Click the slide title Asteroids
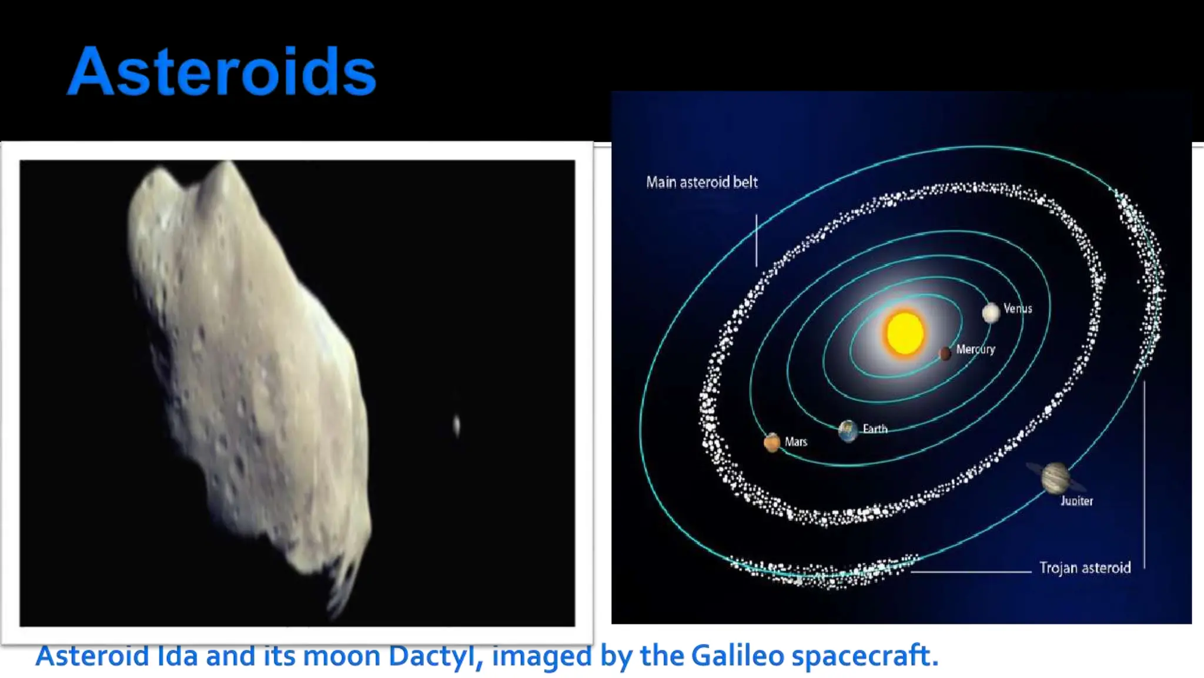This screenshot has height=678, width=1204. pos(222,72)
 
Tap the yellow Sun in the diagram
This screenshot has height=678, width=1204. pos(904,333)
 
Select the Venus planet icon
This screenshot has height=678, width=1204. pos(991,313)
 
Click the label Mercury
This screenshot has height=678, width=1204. pos(975,349)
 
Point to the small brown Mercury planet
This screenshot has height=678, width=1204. pos(945,353)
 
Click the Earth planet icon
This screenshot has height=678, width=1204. pos(848,431)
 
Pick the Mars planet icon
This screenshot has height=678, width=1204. pos(772,442)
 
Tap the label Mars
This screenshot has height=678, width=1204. pos(796,441)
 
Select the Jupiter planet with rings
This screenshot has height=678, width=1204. pos(1055,477)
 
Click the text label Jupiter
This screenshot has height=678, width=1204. pos(1076,501)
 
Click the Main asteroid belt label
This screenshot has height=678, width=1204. pos(701,182)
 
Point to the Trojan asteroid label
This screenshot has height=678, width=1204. pos(1085,567)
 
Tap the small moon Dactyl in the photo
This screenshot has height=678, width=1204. pos(457,425)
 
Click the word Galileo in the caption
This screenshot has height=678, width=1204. pos(737,656)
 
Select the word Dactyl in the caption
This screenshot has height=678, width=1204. pos(432,656)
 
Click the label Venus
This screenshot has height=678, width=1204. pos(1018,308)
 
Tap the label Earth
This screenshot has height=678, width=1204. pos(875,429)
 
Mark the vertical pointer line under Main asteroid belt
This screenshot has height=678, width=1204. pos(756,240)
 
